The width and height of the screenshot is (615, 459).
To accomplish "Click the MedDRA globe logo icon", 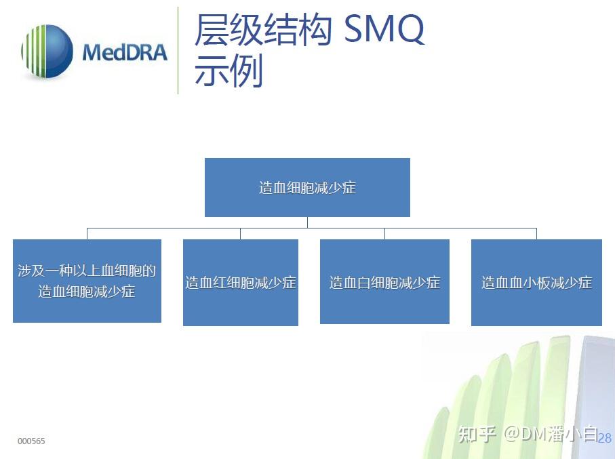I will pyautogui.click(x=46, y=52).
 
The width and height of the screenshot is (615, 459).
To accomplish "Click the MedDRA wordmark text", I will pyautogui.click(x=125, y=52).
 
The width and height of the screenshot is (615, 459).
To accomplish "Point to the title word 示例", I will pyautogui.click(x=229, y=72).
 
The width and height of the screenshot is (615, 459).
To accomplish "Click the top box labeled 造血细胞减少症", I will pyautogui.click(x=307, y=188).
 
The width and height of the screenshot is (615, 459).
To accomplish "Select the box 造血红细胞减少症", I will pyautogui.click(x=241, y=282).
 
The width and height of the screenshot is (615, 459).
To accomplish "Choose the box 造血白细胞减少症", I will pyautogui.click(x=384, y=282).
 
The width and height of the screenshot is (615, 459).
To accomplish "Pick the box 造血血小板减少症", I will pyautogui.click(x=536, y=282).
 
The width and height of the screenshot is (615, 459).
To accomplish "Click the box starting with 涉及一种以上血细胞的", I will pyautogui.click(x=87, y=281).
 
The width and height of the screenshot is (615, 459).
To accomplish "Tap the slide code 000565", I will pyautogui.click(x=31, y=441).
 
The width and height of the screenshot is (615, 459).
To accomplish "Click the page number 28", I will pyautogui.click(x=605, y=437).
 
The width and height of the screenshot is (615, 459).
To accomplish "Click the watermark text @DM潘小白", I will pyautogui.click(x=550, y=433).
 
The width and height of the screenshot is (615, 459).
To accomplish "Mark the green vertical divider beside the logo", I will pyautogui.click(x=178, y=51).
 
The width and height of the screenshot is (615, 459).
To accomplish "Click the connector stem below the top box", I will pyautogui.click(x=307, y=222).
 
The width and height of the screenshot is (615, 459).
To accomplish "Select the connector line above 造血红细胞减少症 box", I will pyautogui.click(x=240, y=234).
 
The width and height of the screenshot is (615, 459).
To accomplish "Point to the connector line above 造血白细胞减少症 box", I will pyautogui.click(x=384, y=234).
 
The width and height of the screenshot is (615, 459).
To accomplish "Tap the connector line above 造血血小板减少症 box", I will pyautogui.click(x=536, y=234).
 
